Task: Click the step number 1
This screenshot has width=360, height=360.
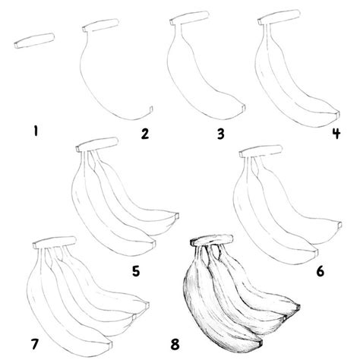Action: [33, 132]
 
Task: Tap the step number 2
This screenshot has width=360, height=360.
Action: [144, 134]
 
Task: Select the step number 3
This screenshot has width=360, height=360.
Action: [220, 134]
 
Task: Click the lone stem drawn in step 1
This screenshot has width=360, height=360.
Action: [33, 42]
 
